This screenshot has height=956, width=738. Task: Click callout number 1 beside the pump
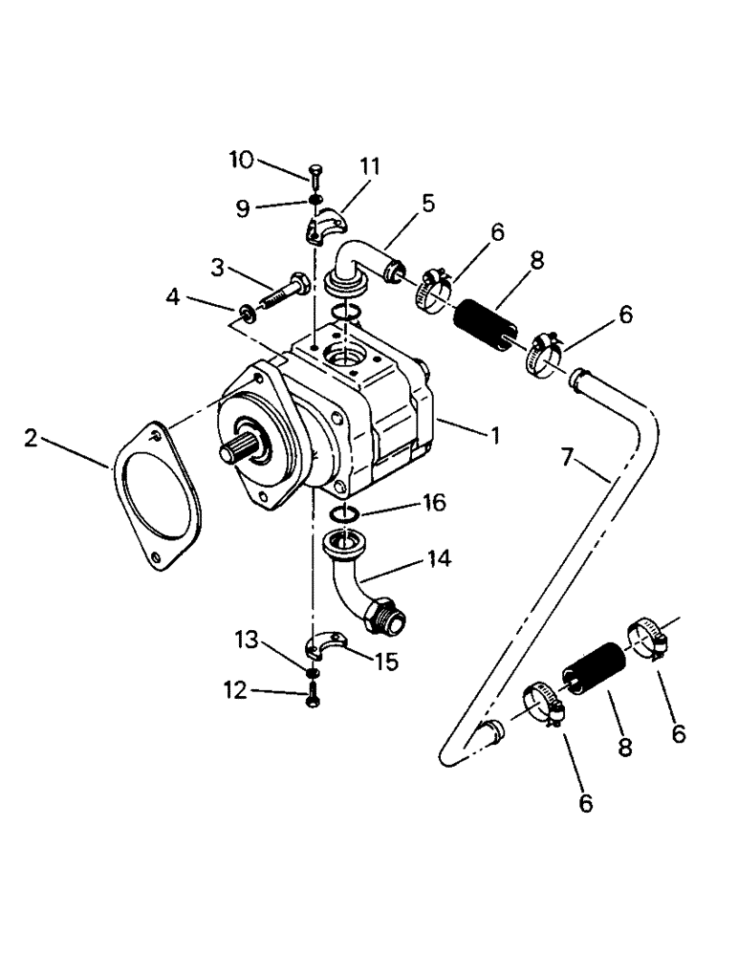(x=494, y=435)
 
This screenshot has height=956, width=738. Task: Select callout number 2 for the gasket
(x=32, y=440)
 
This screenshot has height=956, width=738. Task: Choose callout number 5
(x=427, y=203)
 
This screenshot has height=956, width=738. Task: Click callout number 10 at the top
(x=241, y=160)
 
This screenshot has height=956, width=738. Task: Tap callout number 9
(x=243, y=207)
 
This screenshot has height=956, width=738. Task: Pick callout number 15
(x=388, y=661)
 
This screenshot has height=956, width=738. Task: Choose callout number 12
(x=233, y=689)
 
